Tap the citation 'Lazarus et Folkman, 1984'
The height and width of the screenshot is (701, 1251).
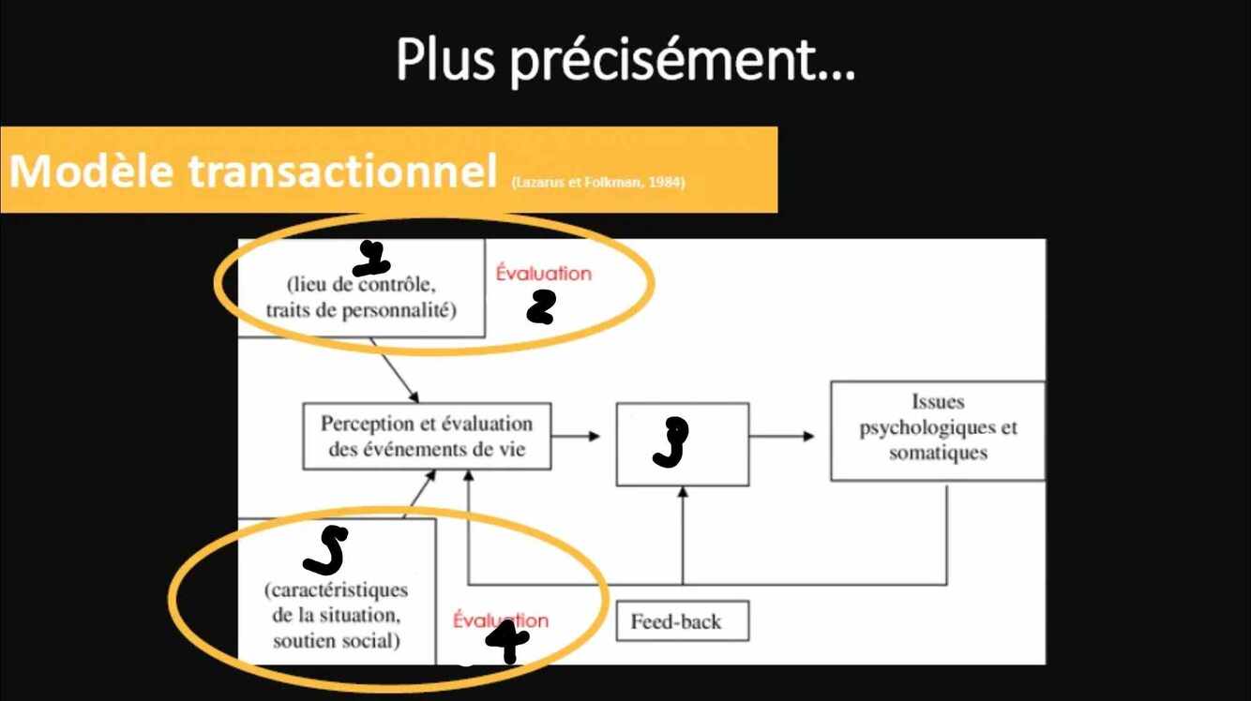click(x=598, y=182)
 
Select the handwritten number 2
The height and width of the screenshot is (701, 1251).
click(x=541, y=306)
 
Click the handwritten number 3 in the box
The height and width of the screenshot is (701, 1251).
click(x=671, y=442)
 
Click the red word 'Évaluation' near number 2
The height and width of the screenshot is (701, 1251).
click(x=544, y=274)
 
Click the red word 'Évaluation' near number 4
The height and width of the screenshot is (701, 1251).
click(x=500, y=619)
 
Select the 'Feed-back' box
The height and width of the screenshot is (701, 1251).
click(x=682, y=620)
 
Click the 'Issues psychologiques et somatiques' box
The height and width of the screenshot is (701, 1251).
click(x=937, y=430)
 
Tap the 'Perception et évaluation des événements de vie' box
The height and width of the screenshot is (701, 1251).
click(x=426, y=437)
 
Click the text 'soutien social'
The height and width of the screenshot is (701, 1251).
click(x=337, y=642)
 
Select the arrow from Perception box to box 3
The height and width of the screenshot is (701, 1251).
click(x=580, y=436)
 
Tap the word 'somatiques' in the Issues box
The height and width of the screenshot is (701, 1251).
click(x=938, y=453)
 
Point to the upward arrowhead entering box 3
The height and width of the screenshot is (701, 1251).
click(x=682, y=493)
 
